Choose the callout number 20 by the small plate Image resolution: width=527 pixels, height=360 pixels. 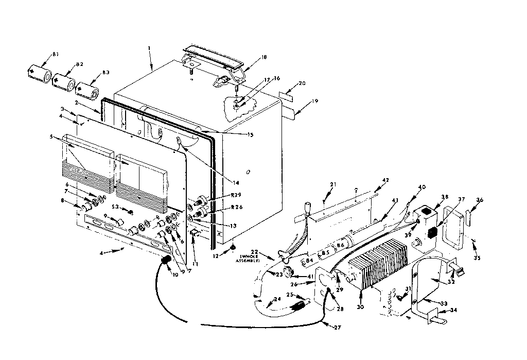pyautogui.click(x=302, y=83)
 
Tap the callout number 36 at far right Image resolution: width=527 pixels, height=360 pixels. pyautogui.click(x=480, y=201)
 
